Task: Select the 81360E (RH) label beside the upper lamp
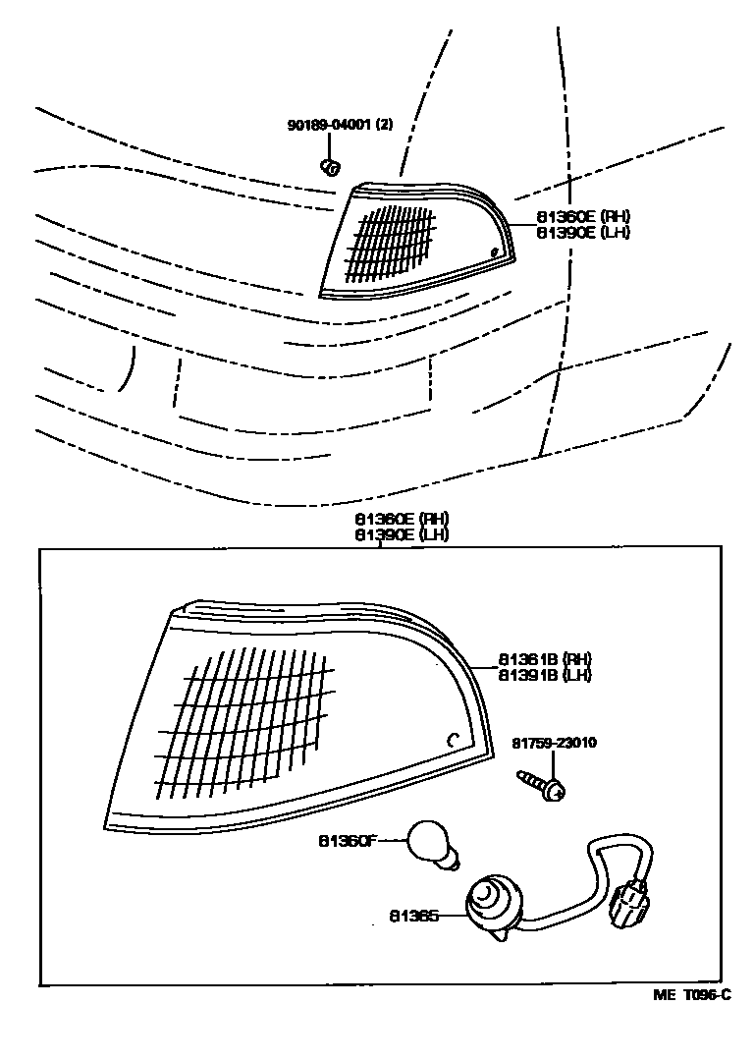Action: click(x=582, y=216)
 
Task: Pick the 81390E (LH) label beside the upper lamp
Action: click(x=582, y=233)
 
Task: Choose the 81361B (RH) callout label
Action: click(x=545, y=658)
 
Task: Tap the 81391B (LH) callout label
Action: click(x=545, y=675)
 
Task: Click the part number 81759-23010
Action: click(x=555, y=743)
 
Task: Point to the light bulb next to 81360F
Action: click(x=432, y=845)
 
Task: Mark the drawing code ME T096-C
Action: click(x=692, y=996)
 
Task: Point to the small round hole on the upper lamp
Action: click(x=495, y=254)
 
